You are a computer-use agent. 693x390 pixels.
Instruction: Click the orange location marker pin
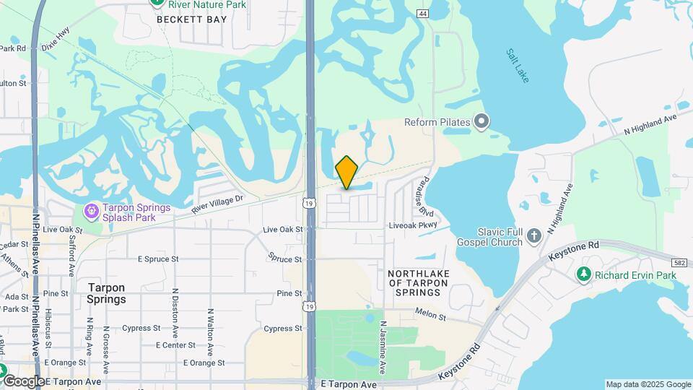346,172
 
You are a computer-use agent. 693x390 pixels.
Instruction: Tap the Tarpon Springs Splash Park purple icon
92,212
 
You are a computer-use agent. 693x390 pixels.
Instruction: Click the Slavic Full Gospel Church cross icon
533,235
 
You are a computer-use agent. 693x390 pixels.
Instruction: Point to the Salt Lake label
518,65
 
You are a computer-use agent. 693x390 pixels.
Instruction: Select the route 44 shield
422,14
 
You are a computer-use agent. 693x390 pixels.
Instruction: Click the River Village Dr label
219,203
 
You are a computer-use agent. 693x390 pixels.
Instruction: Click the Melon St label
428,311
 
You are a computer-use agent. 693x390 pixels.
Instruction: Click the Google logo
23,381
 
